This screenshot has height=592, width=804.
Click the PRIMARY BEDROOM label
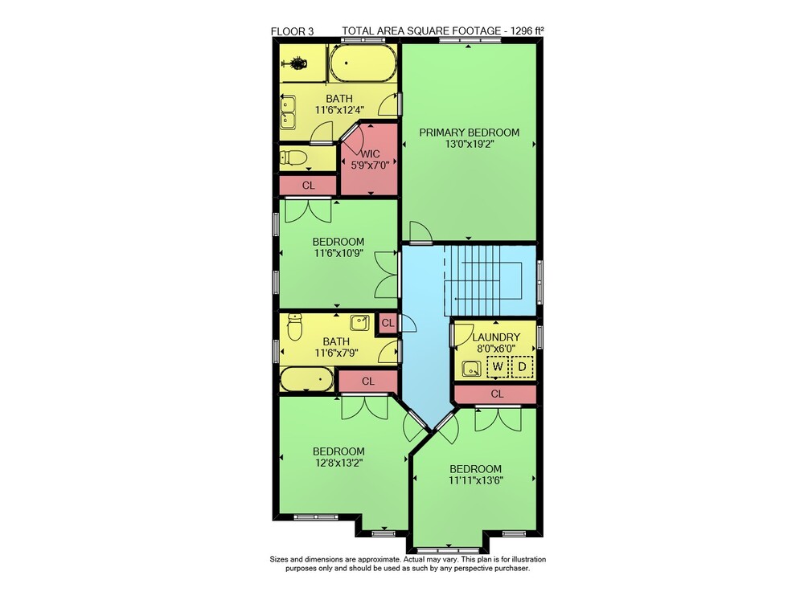pyautogui.click(x=470, y=133)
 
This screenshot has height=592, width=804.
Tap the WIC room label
pyautogui.click(x=370, y=154)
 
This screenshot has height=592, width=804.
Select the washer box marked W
pyautogui.click(x=498, y=367)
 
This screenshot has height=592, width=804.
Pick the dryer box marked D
pyautogui.click(x=523, y=367)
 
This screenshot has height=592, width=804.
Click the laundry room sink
pyautogui.click(x=471, y=368)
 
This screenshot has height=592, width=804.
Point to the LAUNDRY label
pyautogui.click(x=496, y=337)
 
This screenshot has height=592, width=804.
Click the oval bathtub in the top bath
pyautogui.click(x=363, y=63)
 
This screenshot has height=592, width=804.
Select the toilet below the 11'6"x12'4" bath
pyautogui.click(x=293, y=157)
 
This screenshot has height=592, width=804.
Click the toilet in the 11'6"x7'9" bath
pyautogui.click(x=294, y=327)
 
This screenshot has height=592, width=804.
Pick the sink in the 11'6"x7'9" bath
pyautogui.click(x=359, y=323)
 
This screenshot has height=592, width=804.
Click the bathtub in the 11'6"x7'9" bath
pyautogui.click(x=306, y=379)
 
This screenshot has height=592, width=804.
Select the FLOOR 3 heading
pyautogui.click(x=293, y=32)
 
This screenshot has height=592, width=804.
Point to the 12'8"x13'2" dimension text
pyautogui.click(x=339, y=463)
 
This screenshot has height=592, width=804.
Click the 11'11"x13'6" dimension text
pyautogui.click(x=476, y=480)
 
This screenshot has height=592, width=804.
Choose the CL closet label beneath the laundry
pyautogui.click(x=498, y=394)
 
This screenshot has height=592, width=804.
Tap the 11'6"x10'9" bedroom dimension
pyautogui.click(x=338, y=252)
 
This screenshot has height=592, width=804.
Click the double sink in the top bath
pyautogui.click(x=287, y=112)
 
